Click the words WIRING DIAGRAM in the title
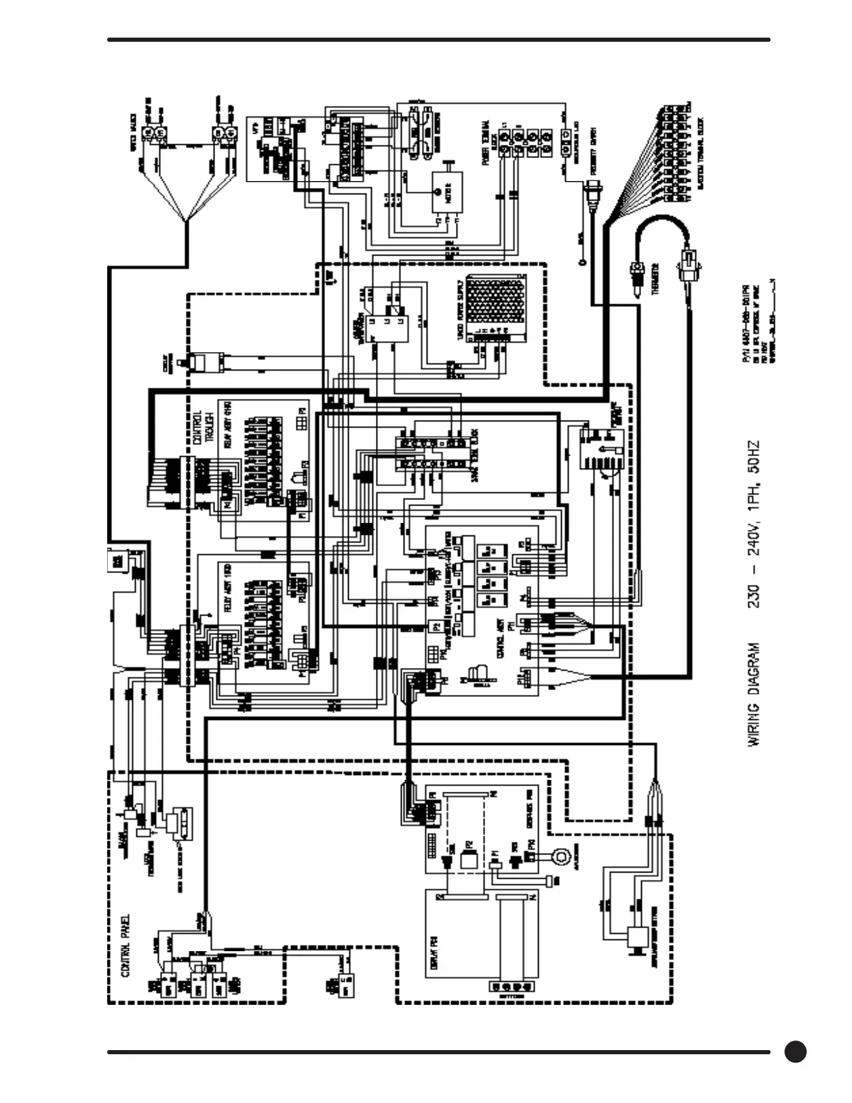click(x=755, y=694)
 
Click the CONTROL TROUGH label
click(x=202, y=427)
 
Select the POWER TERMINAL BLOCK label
click(x=487, y=143)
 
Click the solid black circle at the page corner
click(x=795, y=1051)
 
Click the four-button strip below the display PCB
click(x=512, y=987)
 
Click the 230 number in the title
click(x=755, y=593)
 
